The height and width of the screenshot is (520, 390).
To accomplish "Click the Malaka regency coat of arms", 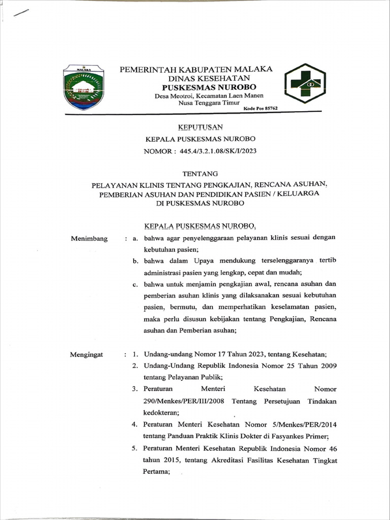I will pos(84,87).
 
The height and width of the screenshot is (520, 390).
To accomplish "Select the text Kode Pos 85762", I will pos(261,108).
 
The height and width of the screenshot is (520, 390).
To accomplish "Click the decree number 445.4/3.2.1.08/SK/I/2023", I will pos(215,151).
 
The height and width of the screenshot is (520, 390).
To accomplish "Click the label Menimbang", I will pos(89,238).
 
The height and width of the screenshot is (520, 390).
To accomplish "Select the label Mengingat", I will pos(86,354).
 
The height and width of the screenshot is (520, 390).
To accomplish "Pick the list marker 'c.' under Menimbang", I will pos(136,284).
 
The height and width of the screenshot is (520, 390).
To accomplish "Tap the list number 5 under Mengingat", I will pos(135,449).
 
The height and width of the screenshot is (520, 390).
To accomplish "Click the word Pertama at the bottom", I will pos(156,471).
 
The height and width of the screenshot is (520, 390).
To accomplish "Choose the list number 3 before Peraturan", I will pos(135,389).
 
